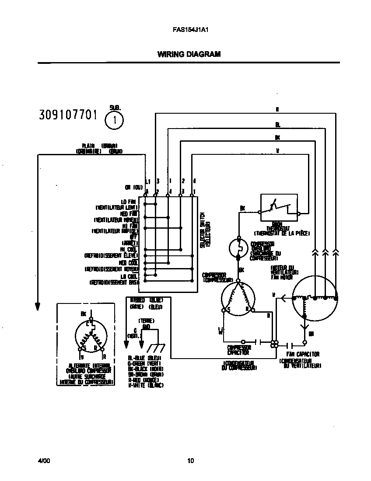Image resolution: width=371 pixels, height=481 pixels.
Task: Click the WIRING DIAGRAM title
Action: (x=189, y=55)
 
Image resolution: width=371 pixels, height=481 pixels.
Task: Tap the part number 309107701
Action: (x=68, y=115)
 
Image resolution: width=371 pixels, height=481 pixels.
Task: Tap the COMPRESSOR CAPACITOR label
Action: (x=238, y=350)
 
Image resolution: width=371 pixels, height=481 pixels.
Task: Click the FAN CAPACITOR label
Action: (x=303, y=354)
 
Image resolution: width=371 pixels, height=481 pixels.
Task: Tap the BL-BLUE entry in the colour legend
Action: (x=144, y=358)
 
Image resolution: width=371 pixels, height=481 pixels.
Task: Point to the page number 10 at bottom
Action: (x=190, y=460)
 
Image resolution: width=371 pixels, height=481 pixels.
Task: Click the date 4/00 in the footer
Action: (x=43, y=460)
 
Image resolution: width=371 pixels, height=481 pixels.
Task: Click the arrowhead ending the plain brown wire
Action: (x=38, y=306)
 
